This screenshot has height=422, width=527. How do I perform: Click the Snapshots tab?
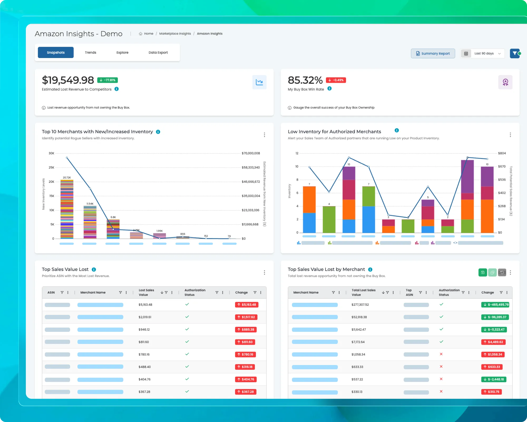(56, 52)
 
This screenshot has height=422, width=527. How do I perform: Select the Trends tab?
(90, 52)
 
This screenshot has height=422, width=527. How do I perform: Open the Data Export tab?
(158, 52)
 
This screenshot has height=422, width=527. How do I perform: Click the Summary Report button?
(433, 54)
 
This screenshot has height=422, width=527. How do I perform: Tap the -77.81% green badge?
(108, 80)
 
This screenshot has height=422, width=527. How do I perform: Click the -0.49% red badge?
(336, 80)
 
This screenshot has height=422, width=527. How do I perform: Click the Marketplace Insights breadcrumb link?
(175, 33)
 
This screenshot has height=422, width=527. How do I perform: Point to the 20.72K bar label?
(67, 178)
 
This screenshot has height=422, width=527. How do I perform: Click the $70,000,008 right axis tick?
(251, 153)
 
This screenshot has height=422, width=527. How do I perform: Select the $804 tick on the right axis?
(502, 153)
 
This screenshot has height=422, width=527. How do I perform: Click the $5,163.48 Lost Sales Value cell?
(145, 305)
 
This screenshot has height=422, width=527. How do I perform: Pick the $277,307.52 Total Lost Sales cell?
(360, 305)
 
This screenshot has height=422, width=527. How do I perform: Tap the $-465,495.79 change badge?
(495, 305)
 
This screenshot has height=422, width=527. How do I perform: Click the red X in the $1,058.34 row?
(441, 354)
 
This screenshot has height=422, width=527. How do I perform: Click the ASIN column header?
(51, 292)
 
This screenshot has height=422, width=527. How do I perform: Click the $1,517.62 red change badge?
(246, 317)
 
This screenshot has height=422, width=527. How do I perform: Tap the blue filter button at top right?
(515, 54)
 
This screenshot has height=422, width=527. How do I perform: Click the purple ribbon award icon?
(505, 82)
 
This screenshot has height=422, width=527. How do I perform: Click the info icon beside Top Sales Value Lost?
(94, 270)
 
